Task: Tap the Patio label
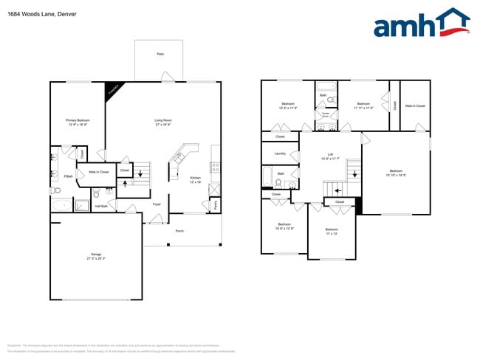coord(160,54)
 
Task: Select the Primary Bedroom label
coord(78,120)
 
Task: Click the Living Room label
coord(163,120)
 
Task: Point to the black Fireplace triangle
coord(113,89)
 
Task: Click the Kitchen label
coord(196,178)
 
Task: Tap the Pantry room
coord(215,206)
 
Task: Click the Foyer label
coord(157,204)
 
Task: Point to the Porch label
coord(179,231)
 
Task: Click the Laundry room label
coord(280,153)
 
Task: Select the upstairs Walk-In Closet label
coord(415,106)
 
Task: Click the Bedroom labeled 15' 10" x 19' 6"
coord(396,172)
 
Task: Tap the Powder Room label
coord(326,115)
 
